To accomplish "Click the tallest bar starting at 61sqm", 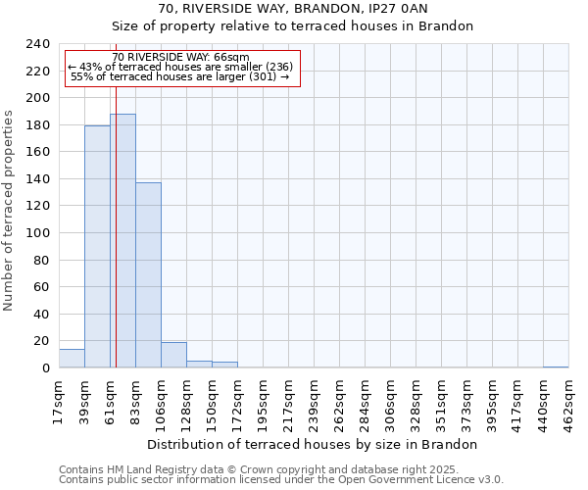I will pos(122,241).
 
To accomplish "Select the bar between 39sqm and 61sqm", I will pos(97,247).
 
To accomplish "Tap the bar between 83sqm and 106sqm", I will pos(148,275).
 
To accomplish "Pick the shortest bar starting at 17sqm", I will pos(72,359).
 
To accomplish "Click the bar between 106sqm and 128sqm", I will pos(173,355).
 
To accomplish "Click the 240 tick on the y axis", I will pos(36,44).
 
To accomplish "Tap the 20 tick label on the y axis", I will pos(40,341).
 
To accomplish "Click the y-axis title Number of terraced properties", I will pos(10,210).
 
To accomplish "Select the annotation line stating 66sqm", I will pos(181,58).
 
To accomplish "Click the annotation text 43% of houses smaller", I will pos(181,67).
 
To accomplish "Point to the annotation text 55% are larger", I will pos(181,76).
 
